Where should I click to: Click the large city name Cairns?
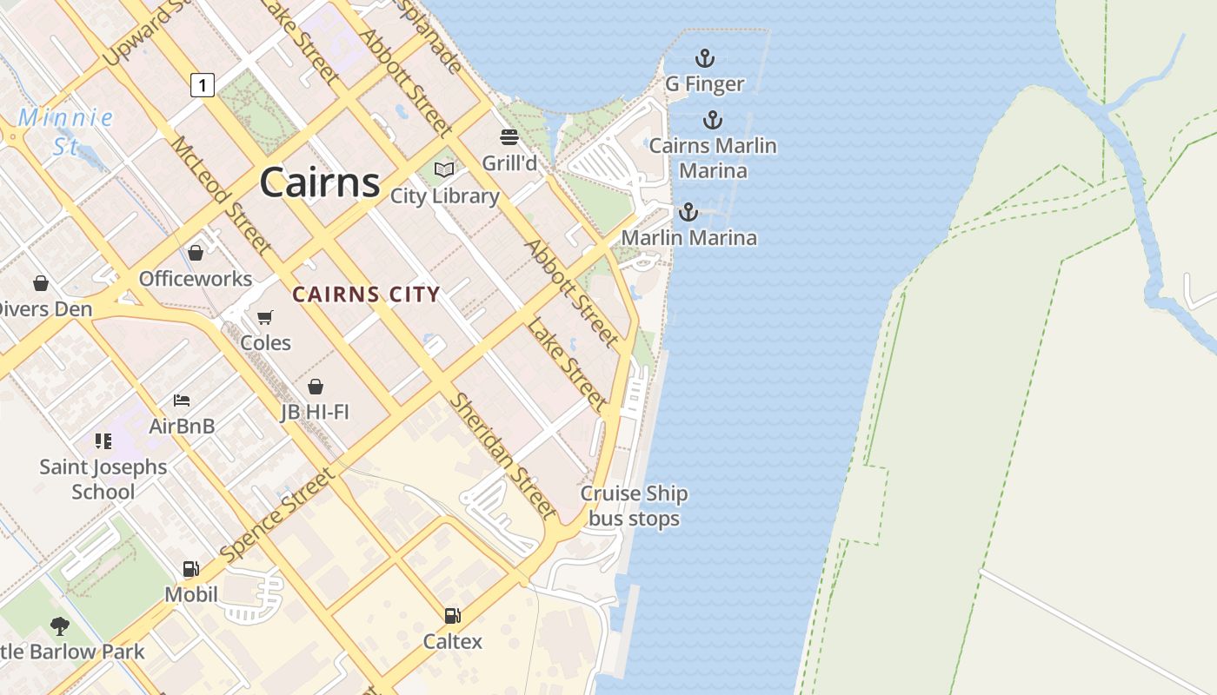[319, 182]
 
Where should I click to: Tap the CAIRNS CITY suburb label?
[366, 295]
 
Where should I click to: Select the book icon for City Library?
[444, 169]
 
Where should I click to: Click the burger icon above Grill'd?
[509, 137]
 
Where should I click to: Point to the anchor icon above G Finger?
[704, 58]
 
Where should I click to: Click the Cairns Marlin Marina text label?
[713, 158]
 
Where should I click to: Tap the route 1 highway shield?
[202, 84]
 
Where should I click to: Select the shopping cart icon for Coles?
[265, 317]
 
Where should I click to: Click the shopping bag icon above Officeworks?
[196, 253]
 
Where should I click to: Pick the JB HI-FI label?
[315, 412]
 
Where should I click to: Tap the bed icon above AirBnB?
[182, 400]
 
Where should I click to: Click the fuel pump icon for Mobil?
[190, 569]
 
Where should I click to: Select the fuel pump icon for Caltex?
[452, 616]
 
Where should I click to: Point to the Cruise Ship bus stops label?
[634, 506]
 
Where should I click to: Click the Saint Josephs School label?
[103, 479]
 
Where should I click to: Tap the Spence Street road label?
[276, 514]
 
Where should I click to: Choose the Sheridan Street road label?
[502, 455]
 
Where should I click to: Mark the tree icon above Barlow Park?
[59, 625]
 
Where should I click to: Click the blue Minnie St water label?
[65, 131]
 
